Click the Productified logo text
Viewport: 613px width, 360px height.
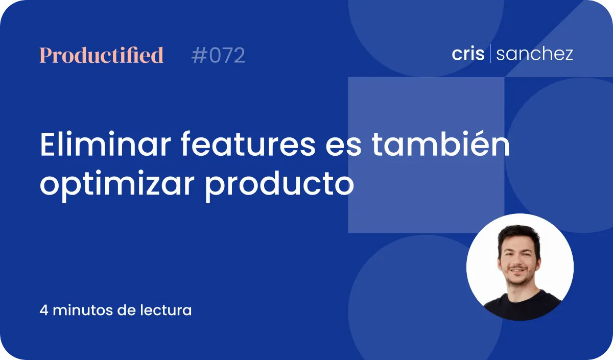pyautogui.click(x=102, y=55)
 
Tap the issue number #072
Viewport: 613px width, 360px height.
pyautogui.click(x=218, y=55)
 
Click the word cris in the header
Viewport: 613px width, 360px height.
pyautogui.click(x=468, y=53)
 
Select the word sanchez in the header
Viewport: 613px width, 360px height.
pyautogui.click(x=534, y=54)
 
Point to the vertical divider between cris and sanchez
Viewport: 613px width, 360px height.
pyautogui.click(x=490, y=53)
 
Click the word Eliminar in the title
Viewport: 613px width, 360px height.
pyautogui.click(x=106, y=144)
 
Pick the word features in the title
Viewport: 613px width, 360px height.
pyautogui.click(x=248, y=144)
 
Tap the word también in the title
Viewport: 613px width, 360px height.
pyautogui.click(x=440, y=143)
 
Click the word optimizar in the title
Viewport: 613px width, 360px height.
pyautogui.click(x=117, y=184)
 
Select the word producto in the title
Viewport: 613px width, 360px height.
pyautogui.click(x=279, y=183)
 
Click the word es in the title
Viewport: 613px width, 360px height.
pyautogui.click(x=343, y=147)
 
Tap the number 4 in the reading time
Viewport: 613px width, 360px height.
pyautogui.click(x=44, y=310)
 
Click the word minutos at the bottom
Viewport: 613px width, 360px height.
pyautogui.click(x=83, y=310)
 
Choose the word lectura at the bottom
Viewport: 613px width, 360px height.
pyautogui.click(x=166, y=310)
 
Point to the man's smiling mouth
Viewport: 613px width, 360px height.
pyautogui.click(x=517, y=270)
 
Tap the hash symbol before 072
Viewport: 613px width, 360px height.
pyautogui.click(x=198, y=55)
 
